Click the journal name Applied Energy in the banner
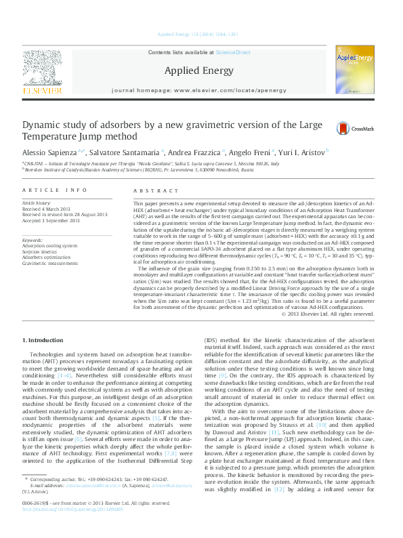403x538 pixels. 199,70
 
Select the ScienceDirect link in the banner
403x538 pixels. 233,52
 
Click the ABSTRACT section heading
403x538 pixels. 151,192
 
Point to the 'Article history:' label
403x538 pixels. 37,203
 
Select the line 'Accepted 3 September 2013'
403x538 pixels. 55,220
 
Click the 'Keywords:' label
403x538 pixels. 33,240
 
